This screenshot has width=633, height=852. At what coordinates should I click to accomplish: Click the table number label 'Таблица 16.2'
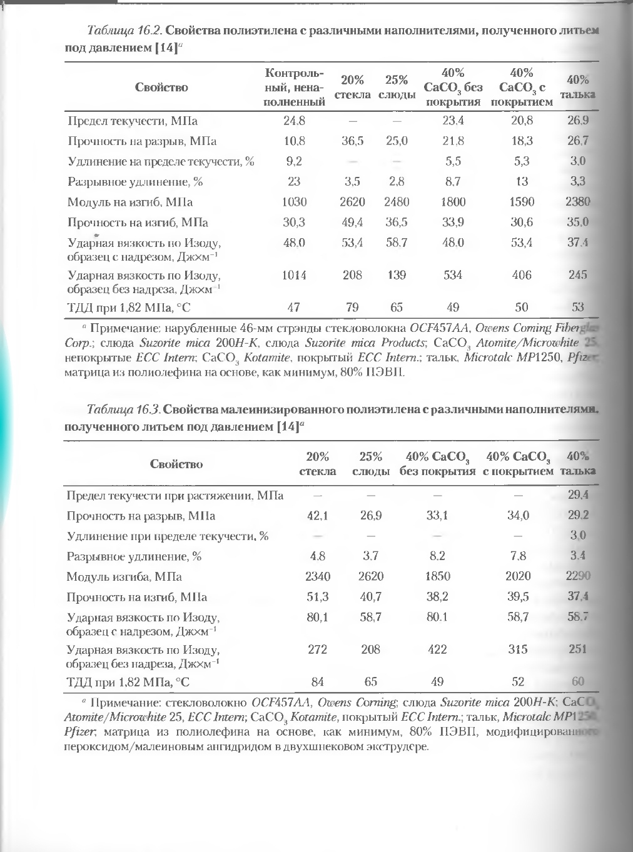tap(124, 31)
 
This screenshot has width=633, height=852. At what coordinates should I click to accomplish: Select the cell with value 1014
tap(294, 275)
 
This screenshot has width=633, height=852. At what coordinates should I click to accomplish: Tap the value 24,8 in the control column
tap(294, 121)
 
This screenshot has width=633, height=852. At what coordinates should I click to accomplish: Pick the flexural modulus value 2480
tap(397, 202)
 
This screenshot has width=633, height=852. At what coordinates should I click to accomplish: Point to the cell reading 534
tap(453, 275)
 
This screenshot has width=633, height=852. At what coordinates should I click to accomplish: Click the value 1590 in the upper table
tap(522, 202)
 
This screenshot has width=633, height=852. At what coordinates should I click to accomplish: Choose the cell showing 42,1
tap(318, 516)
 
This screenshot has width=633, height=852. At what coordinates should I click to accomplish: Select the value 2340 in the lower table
tap(318, 576)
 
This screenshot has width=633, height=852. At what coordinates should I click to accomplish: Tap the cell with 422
tap(437, 649)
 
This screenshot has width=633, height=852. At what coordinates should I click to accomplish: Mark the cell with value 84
tap(318, 682)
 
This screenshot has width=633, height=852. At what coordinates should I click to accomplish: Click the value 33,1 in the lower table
tap(437, 516)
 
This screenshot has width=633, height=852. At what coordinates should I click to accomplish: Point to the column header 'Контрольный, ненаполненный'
tap(294, 87)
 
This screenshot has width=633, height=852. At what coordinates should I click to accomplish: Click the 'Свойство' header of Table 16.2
tap(161, 88)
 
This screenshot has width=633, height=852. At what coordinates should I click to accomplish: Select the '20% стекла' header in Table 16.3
tap(318, 464)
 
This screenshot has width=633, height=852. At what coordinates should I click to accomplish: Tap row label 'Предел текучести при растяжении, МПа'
tap(175, 496)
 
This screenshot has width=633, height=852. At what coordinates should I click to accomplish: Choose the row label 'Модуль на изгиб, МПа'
tap(130, 203)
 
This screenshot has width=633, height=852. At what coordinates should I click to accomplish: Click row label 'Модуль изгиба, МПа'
tap(124, 577)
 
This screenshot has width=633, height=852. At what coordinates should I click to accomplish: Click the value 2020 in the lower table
tap(518, 576)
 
